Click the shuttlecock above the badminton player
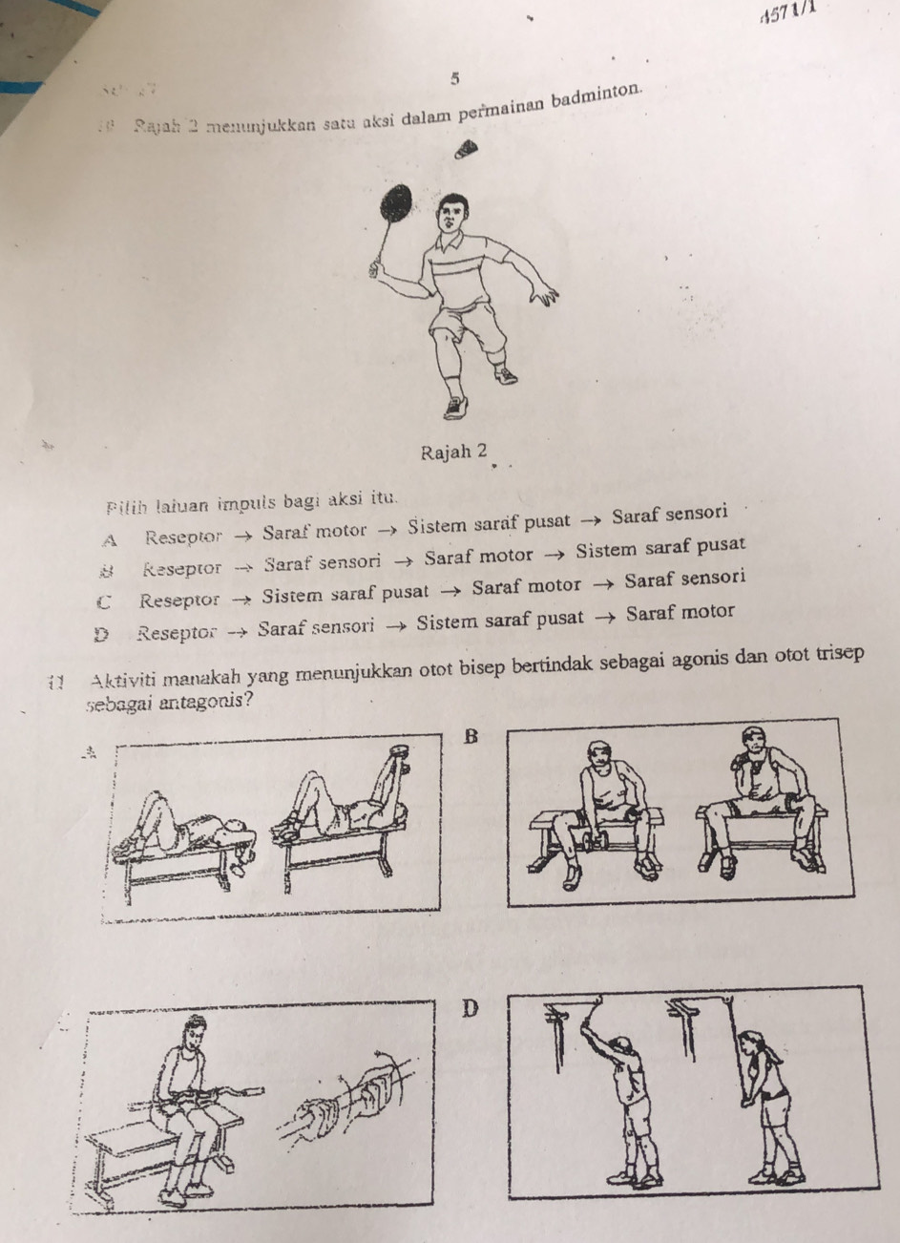[x=468, y=150]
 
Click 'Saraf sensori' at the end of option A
[x=670, y=516]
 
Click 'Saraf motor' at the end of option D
[x=680, y=612]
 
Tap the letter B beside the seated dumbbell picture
[x=468, y=736]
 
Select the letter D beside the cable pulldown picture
[x=468, y=1008]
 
